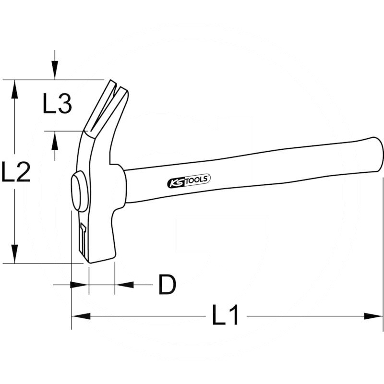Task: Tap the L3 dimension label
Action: tap(57, 104)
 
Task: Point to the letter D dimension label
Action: tap(167, 285)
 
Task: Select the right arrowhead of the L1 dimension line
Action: tap(374, 316)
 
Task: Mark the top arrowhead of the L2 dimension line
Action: tap(15, 89)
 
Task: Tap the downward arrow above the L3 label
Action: tap(56, 71)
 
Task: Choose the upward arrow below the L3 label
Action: tap(56, 140)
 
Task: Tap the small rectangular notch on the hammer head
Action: tap(83, 228)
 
